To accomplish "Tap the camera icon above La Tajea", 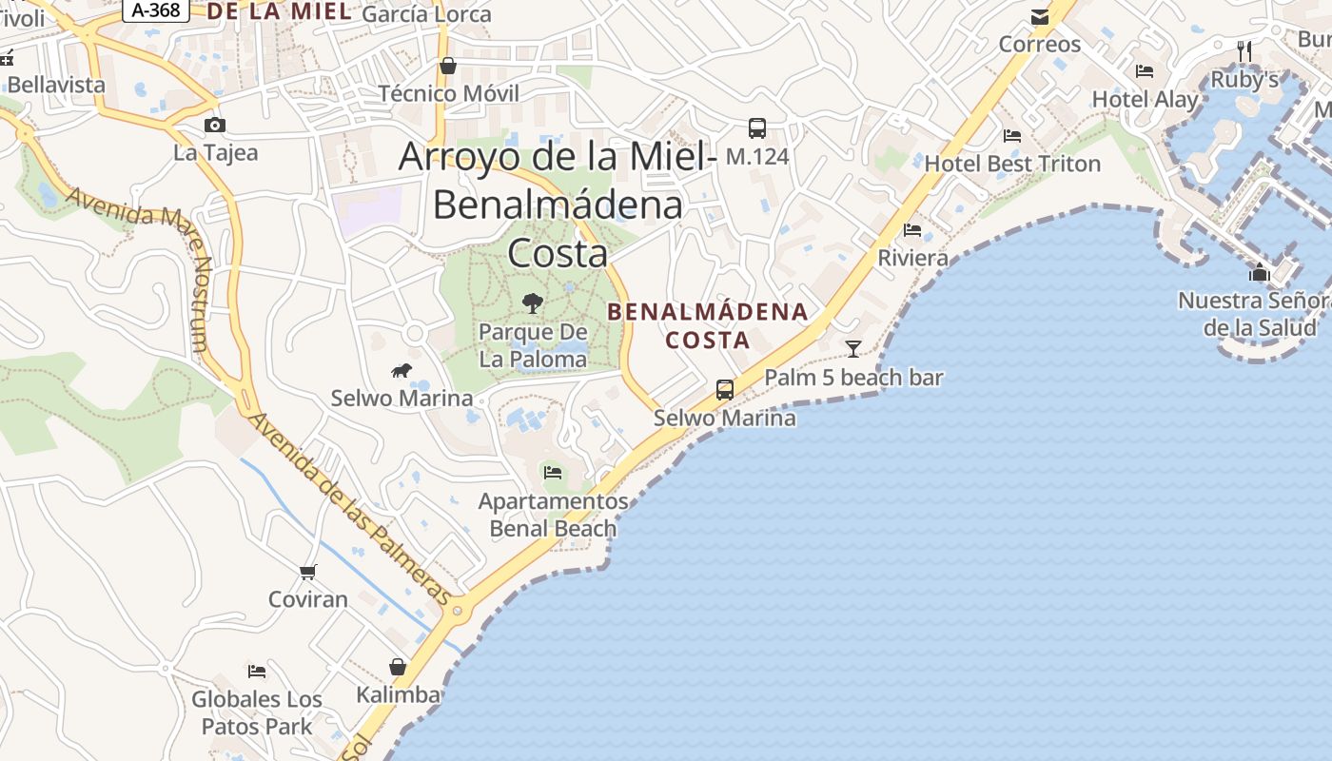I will coord(215,125).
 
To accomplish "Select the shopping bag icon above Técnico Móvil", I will coord(448,66).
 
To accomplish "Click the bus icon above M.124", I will coord(757,128).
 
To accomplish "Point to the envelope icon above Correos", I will coord(1040,17).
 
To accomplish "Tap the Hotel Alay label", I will coord(1145,99).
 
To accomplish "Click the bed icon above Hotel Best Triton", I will coord(1012,136).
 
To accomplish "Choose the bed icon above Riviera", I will coord(912,230).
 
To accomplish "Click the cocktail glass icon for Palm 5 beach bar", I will coord(853,349).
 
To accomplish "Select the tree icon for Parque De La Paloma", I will coord(533,303).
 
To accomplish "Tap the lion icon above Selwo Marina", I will coord(402,370).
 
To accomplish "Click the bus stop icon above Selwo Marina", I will coord(725,389).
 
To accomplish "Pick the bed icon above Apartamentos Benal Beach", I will coord(552,472).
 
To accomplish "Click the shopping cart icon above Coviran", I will coord(307,572).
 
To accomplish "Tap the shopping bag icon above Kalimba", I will coord(398,667).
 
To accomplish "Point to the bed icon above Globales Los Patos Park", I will coord(257,672).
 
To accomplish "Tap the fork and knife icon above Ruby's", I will coord(1244,50).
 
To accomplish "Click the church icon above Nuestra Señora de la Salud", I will coord(1260,273).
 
